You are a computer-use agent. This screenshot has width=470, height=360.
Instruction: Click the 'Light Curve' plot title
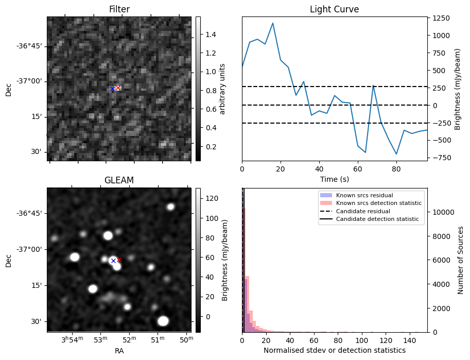(334, 9)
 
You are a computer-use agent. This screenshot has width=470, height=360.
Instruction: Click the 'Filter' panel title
(119, 9)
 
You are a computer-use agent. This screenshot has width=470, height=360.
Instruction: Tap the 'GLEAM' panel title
(119, 180)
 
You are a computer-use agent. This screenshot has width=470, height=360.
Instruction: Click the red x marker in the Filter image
(118, 88)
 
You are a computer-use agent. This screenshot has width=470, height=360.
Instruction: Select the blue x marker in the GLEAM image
(113, 261)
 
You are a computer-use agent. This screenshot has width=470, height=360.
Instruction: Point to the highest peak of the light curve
(273, 23)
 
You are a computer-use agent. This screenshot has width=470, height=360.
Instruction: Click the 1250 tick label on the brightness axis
(441, 19)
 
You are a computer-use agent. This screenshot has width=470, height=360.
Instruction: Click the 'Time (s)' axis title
(334, 179)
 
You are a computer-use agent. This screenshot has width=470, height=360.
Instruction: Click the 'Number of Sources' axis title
(461, 260)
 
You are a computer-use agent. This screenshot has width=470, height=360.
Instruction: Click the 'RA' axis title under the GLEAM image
(119, 351)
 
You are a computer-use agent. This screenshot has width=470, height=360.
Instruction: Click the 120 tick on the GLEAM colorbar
(210, 198)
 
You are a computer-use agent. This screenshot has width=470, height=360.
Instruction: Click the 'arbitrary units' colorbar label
(222, 89)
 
